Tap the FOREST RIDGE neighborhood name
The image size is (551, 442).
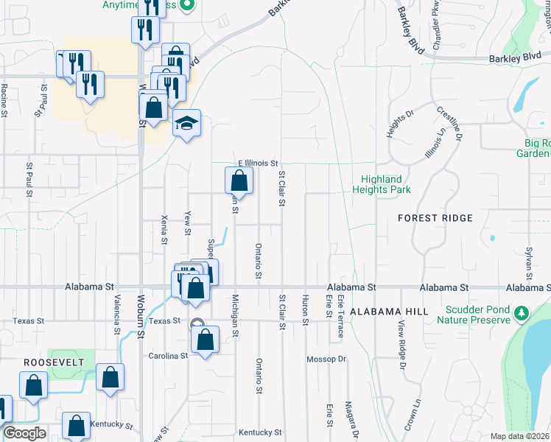click(x=435, y=218)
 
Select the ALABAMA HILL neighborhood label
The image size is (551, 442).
click(x=389, y=312)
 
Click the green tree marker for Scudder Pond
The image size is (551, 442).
click(x=522, y=313)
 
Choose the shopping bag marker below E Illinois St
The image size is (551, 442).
click(x=239, y=180)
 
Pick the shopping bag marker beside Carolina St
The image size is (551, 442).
click(x=206, y=340)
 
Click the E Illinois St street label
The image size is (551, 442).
click(x=257, y=163)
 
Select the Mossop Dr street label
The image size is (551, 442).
click(x=326, y=359)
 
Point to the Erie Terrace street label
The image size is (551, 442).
click(x=341, y=317)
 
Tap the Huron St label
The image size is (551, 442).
click(x=304, y=309)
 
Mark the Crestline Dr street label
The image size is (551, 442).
click(x=449, y=123)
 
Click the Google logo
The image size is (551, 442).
click(x=25, y=433)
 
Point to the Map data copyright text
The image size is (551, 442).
click(x=519, y=436)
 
